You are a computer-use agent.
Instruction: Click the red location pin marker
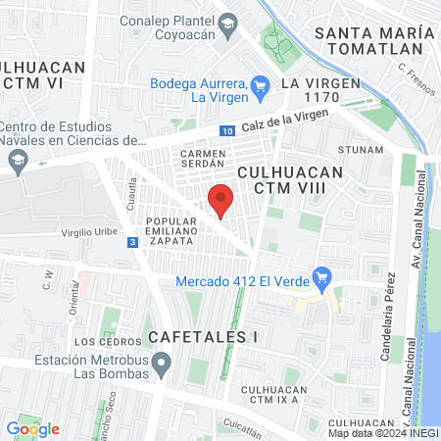pyautogui.click(x=221, y=201)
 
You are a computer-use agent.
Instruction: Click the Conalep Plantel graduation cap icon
pyautogui.click(x=227, y=23)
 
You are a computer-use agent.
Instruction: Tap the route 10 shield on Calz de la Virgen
pyautogui.click(x=227, y=129)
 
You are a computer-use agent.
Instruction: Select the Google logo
pyautogui.click(x=32, y=428)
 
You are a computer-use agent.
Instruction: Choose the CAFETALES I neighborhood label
pyautogui.click(x=203, y=336)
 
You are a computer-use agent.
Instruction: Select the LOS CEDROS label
pyautogui.click(x=100, y=342)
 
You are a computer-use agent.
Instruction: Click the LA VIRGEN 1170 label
pyautogui.click(x=316, y=90)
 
